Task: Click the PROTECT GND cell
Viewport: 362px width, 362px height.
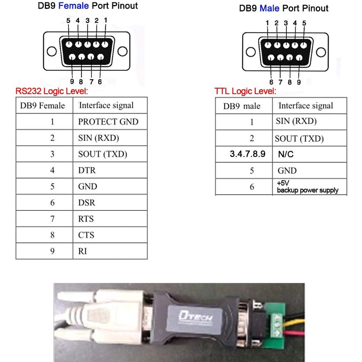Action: [108, 122]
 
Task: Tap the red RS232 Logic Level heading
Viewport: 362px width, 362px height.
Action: [52, 91]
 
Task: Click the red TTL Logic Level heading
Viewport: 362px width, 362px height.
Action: [245, 91]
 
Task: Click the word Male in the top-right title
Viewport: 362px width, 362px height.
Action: [269, 8]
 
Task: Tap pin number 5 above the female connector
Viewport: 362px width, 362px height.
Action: [68, 20]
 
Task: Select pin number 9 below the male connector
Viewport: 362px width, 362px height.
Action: [299, 82]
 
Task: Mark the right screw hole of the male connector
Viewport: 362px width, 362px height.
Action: [321, 52]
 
